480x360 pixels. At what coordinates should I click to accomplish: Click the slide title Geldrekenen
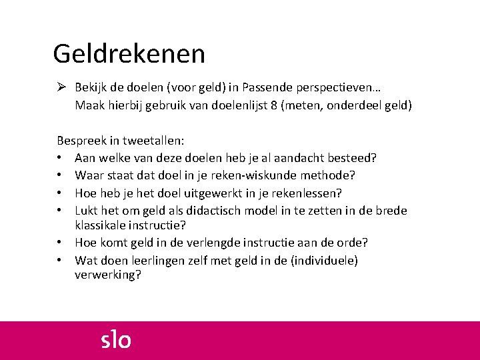pos(129,53)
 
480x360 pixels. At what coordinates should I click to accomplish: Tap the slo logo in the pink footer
pos(116,340)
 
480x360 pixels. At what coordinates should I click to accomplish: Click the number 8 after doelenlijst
pos(275,105)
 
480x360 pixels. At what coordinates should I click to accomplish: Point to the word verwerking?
pos(108,275)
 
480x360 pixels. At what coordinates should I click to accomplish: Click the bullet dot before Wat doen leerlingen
pos(60,261)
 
